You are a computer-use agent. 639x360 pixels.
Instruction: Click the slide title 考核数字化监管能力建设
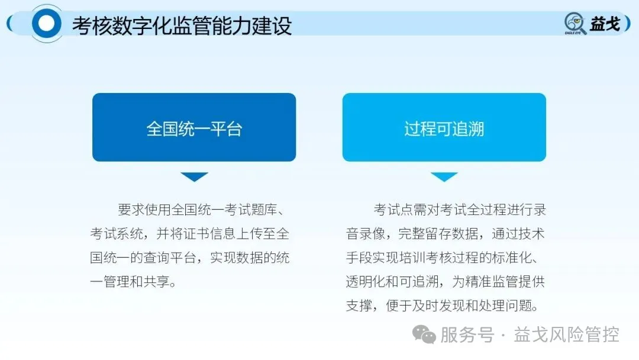tap(182, 25)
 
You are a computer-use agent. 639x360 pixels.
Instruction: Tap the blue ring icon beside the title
tap(46, 24)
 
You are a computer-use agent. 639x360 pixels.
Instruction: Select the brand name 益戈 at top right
tap(605, 24)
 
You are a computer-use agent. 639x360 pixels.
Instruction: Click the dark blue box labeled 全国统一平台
tap(194, 127)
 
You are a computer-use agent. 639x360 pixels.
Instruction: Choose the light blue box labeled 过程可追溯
tap(444, 127)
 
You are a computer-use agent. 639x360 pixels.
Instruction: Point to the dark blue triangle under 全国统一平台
tap(194, 176)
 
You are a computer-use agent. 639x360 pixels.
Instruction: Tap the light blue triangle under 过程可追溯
tap(444, 176)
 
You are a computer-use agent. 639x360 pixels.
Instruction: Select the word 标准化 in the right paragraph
tap(517, 258)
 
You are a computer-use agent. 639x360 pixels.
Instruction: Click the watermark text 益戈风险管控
tap(567, 335)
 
